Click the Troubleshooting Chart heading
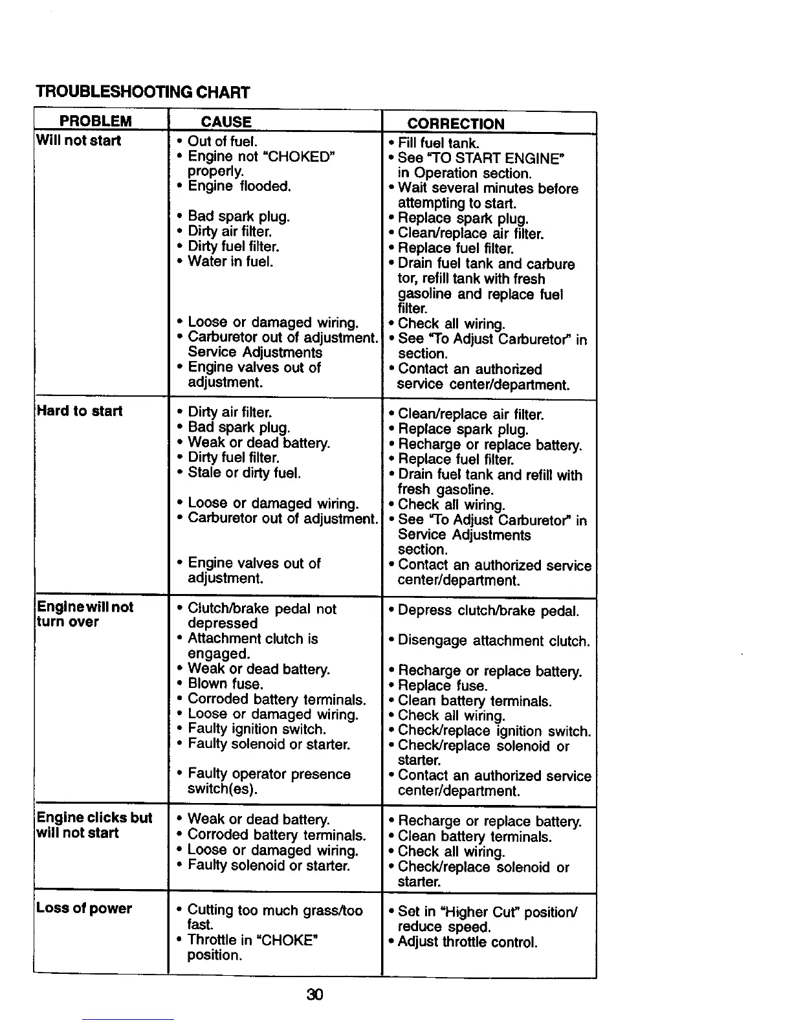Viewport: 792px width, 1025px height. pos(142,92)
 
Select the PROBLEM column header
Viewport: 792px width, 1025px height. pos(95,122)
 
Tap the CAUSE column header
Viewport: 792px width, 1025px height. pos(226,122)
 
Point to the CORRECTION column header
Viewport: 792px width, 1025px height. pos(456,124)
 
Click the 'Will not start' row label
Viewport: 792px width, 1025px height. pos(79,140)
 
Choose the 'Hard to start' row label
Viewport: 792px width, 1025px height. pos(80,411)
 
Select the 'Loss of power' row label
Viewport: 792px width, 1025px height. pos(84,908)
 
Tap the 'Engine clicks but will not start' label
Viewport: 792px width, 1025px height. pos(94,825)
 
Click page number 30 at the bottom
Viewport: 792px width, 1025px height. pos(314,994)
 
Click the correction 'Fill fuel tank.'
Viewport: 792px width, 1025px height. pos(438,143)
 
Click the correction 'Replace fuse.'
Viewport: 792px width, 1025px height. pos(443,686)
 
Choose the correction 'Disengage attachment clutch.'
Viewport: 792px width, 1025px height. pos(494,641)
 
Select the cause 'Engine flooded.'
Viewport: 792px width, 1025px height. pos(239,186)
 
